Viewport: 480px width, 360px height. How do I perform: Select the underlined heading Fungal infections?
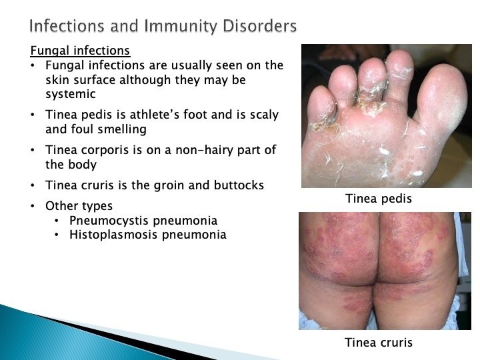pyautogui.click(x=80, y=51)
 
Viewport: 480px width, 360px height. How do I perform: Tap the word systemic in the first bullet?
pyautogui.click(x=71, y=94)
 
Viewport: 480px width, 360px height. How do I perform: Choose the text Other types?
pyautogui.click(x=79, y=206)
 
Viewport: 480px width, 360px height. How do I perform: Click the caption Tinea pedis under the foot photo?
pyautogui.click(x=379, y=199)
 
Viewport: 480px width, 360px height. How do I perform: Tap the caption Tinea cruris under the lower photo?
pyautogui.click(x=379, y=342)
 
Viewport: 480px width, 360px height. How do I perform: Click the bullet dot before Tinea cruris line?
pyautogui.click(x=33, y=186)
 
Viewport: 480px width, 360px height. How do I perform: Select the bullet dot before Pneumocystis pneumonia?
pyautogui.click(x=56, y=221)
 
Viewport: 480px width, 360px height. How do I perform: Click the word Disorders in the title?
pyautogui.click(x=259, y=26)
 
